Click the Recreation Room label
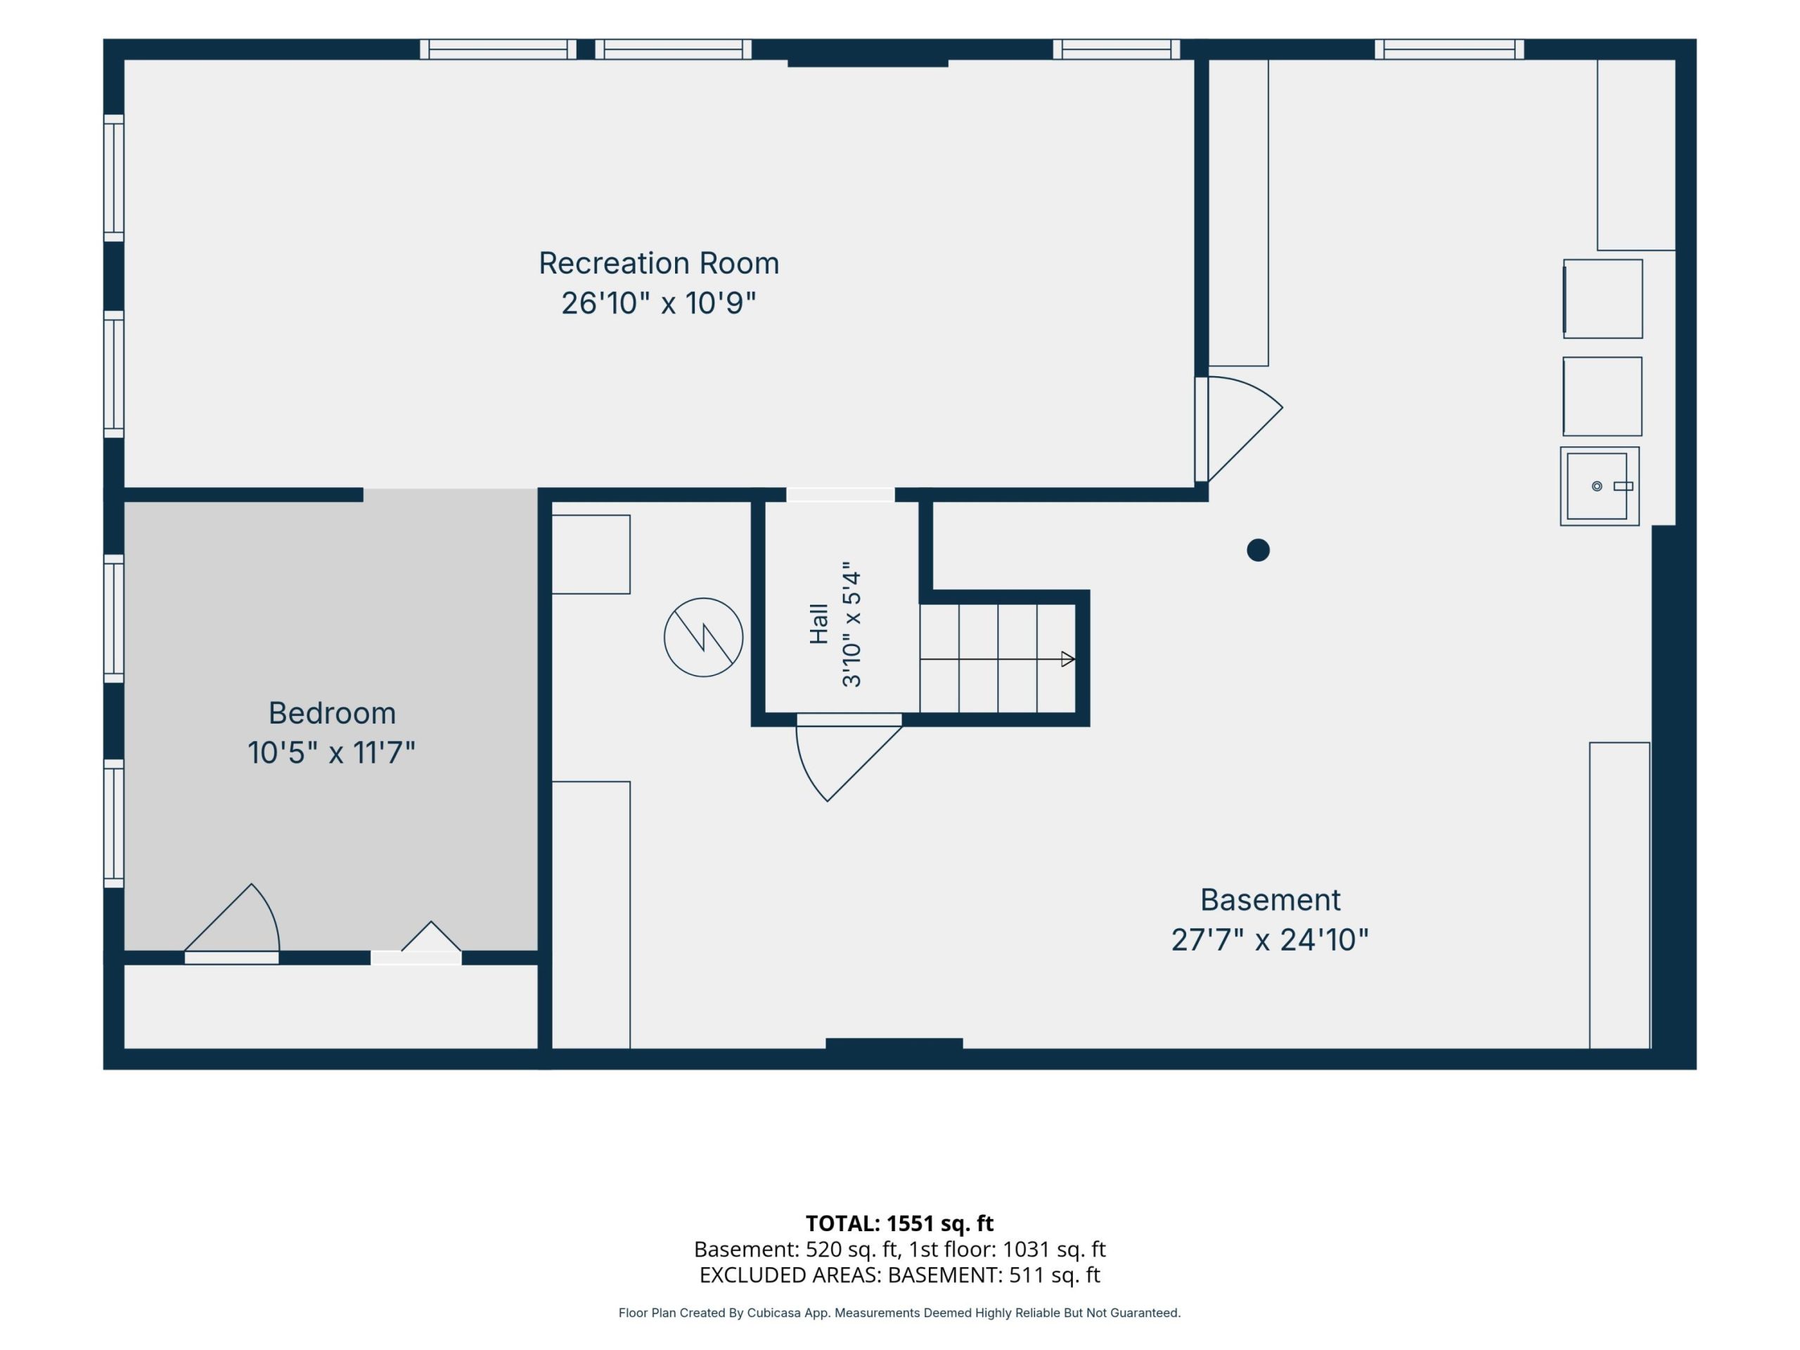(x=658, y=263)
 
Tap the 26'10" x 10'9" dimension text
(x=658, y=303)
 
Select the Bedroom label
(x=332, y=713)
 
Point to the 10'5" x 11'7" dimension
(x=331, y=753)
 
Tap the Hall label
(x=818, y=624)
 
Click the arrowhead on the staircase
(x=1067, y=659)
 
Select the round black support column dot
(x=1258, y=550)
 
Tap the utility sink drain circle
(x=1597, y=486)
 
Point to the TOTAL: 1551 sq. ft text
(x=899, y=1223)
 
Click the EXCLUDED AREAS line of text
(x=899, y=1274)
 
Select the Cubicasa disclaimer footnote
(x=899, y=1313)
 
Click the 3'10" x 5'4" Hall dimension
(x=851, y=624)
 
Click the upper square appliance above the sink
(x=1602, y=299)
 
